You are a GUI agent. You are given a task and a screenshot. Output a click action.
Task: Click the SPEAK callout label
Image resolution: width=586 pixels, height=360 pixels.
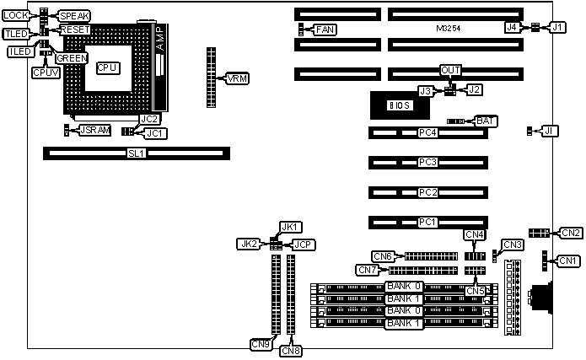(75, 16)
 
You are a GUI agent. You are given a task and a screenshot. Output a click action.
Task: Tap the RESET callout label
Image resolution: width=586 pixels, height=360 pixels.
(74, 30)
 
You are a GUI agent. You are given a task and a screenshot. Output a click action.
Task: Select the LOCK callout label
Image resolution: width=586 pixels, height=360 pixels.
(16, 16)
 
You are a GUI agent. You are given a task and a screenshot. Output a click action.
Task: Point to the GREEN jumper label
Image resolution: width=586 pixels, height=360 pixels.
(71, 58)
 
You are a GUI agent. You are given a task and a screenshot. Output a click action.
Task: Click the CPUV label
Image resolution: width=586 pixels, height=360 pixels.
(46, 73)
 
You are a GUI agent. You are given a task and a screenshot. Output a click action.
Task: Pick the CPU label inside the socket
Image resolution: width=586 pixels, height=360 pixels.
(107, 67)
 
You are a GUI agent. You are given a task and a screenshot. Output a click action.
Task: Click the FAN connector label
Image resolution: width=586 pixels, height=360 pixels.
(325, 30)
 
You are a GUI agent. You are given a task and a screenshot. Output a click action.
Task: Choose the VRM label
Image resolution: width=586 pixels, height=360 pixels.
(237, 78)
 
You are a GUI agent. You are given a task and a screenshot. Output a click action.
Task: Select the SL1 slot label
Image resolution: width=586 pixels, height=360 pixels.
(136, 153)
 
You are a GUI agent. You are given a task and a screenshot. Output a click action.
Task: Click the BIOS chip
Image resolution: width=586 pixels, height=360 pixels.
(399, 105)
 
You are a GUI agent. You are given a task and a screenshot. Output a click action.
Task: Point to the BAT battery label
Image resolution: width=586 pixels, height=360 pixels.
(486, 121)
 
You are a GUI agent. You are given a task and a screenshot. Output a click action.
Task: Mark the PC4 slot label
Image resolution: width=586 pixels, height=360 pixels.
(428, 132)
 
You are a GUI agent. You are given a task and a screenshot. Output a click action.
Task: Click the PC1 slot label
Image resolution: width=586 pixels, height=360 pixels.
(428, 223)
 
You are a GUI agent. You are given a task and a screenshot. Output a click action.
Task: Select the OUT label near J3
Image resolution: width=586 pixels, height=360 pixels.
(451, 71)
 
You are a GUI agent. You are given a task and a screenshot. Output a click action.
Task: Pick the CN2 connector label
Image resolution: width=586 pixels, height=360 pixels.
(571, 233)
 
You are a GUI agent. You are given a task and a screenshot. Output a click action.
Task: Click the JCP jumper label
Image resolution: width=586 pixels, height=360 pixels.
(303, 244)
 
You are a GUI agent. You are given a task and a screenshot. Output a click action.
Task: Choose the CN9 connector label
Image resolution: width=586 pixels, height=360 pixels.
(260, 343)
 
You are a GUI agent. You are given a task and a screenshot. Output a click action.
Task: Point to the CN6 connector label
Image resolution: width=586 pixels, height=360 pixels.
(384, 256)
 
